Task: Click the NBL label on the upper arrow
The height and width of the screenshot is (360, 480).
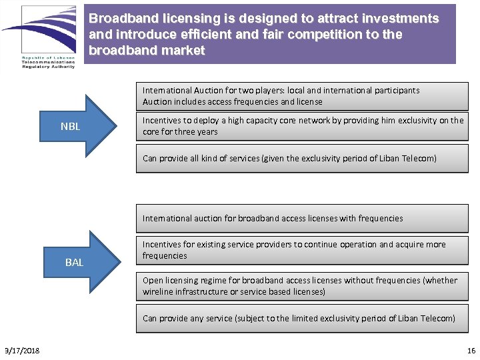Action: click(x=70, y=126)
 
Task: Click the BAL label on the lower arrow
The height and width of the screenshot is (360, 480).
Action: click(x=74, y=263)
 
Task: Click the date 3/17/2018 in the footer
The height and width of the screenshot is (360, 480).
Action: click(x=21, y=351)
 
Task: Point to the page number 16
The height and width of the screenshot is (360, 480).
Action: click(x=471, y=351)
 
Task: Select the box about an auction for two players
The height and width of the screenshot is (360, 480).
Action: click(x=302, y=96)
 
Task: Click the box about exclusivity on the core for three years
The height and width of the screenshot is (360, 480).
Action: click(x=302, y=126)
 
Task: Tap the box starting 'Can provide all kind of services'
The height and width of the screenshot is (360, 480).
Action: click(x=302, y=159)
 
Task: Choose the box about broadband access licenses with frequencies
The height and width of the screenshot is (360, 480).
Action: click(x=302, y=218)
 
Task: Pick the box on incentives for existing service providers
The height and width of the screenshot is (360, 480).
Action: click(x=302, y=250)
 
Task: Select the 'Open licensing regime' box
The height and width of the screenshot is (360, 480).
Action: click(x=302, y=286)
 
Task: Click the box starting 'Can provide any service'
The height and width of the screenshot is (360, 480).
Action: click(x=302, y=318)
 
